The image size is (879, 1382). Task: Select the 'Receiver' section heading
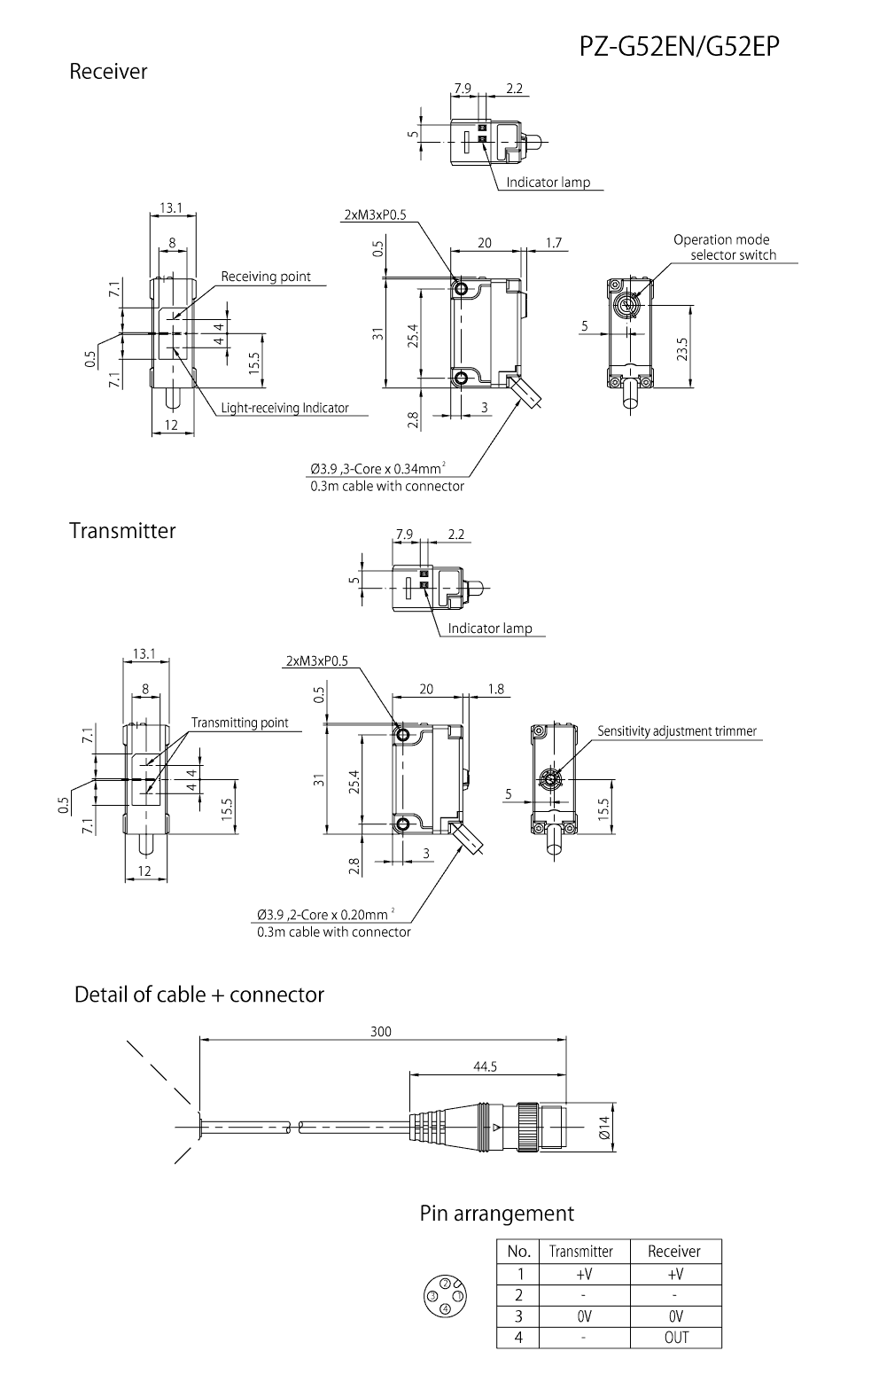[108, 72]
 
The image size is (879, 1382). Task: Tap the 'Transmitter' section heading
[122, 531]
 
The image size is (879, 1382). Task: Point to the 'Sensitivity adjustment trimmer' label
[677, 731]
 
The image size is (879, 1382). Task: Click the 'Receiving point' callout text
[266, 277]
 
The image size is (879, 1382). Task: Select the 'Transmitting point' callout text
[239, 722]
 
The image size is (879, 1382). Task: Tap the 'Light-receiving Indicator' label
[284, 409]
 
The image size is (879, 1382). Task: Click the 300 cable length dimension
[380, 1031]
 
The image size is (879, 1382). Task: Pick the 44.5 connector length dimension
[485, 1066]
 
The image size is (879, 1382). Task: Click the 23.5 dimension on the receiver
[681, 347]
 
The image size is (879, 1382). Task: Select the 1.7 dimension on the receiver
[554, 243]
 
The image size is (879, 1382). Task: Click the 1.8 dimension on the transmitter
[495, 689]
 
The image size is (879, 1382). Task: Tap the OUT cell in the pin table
[675, 1338]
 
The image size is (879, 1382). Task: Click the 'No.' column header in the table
[518, 1252]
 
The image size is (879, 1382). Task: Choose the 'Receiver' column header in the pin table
[674, 1252]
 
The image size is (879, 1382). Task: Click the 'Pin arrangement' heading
[496, 1214]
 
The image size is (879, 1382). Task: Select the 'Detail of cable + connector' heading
[199, 995]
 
